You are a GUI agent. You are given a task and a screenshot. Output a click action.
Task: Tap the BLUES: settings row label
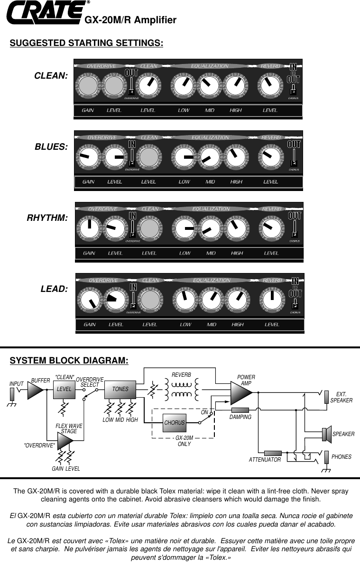click(51, 146)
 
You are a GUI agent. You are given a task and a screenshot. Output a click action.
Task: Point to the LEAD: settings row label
click(55, 289)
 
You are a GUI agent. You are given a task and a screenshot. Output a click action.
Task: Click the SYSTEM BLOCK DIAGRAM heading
click(69, 361)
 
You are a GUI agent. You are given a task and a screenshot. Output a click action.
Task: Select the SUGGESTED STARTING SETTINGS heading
click(87, 43)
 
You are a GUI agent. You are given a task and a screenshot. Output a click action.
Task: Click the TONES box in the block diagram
click(120, 389)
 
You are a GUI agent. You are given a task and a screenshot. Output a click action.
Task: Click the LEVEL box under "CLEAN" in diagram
click(65, 389)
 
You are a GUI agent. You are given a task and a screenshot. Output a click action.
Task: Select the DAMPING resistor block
click(240, 409)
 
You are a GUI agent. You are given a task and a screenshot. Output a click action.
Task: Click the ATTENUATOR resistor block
click(273, 453)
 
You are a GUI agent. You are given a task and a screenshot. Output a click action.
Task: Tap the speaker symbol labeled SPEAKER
click(326, 434)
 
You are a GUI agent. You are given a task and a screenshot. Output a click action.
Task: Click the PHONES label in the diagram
click(342, 457)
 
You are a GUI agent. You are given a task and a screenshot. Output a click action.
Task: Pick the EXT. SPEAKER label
click(341, 397)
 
